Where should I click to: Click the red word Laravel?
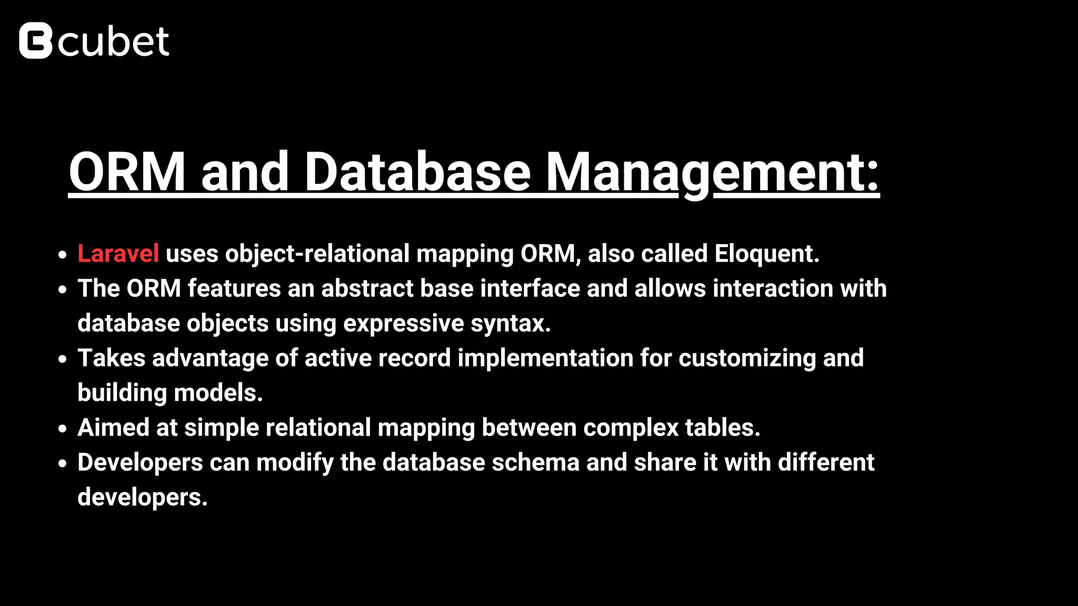(x=118, y=254)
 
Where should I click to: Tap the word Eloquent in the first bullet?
(x=766, y=254)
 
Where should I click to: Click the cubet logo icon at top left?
(x=36, y=41)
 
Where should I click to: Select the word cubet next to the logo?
(x=114, y=42)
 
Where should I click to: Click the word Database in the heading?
(x=417, y=172)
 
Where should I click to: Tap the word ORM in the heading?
(x=127, y=172)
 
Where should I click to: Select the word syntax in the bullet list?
(x=510, y=324)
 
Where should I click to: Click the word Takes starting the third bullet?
(x=111, y=358)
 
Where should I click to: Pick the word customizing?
(x=747, y=358)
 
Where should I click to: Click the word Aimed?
(x=113, y=428)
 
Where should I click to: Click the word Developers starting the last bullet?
(x=140, y=462)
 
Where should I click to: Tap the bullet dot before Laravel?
(x=63, y=255)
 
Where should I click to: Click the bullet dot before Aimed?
(x=63, y=429)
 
